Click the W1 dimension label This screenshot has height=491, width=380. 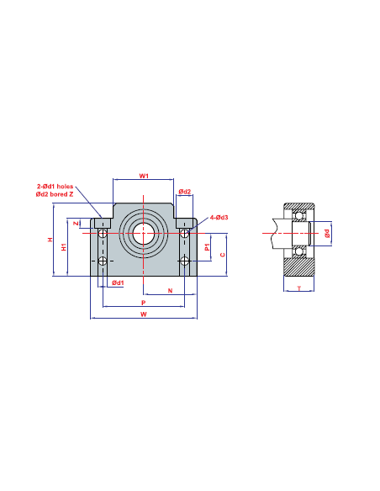coord(144,176)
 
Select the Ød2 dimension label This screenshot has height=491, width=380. coord(185,192)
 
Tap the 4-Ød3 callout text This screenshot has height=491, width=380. coord(219,217)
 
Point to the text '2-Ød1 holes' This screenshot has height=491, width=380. coord(55,187)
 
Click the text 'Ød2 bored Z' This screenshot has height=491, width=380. coord(55,194)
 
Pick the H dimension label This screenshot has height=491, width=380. coord(50,240)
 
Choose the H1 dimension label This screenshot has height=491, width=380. coord(64,246)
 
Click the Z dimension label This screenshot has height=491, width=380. coord(76,224)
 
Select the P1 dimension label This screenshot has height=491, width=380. coord(207,246)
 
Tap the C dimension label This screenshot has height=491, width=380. coord(223,255)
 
